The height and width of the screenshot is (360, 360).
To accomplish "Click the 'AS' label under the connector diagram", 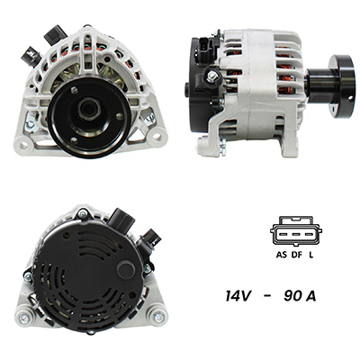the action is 281,255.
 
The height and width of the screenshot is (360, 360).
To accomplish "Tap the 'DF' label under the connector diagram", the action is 297,255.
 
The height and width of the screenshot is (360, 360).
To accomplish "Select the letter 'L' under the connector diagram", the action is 311,255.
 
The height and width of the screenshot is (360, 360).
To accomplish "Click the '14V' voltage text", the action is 238,296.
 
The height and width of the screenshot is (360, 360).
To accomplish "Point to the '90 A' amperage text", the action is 300,296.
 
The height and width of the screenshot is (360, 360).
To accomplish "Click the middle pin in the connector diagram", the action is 296,234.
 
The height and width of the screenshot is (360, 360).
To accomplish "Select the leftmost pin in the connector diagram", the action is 283,234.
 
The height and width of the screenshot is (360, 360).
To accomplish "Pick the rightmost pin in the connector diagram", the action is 310,234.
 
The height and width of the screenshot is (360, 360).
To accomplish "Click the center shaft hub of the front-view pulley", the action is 89,109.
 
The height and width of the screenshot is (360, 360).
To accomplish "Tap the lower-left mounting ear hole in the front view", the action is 23,145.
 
